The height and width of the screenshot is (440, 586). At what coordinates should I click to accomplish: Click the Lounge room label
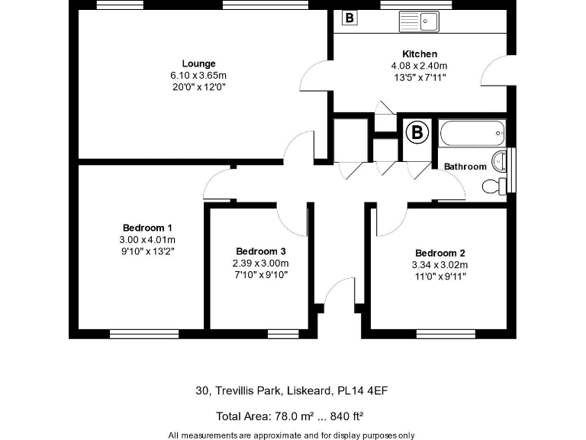coord(198,63)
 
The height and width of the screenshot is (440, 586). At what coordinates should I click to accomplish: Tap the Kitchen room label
coord(420,53)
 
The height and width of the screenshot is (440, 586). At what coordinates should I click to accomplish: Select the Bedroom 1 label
coord(147,228)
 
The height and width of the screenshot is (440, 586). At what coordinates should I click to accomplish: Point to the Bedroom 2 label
coord(440,253)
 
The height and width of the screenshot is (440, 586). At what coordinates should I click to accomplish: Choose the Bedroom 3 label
coord(261,251)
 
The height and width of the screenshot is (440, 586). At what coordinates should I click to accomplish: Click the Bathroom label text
coord(465,167)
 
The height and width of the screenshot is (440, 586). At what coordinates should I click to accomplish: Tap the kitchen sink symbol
coord(417,21)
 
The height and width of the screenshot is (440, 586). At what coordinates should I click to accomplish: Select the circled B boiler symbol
coord(417,134)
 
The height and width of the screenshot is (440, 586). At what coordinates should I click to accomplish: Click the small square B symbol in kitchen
coord(349,17)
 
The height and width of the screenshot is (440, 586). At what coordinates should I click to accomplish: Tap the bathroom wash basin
coord(500,160)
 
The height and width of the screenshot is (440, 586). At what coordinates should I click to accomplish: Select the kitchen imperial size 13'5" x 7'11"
coord(419,76)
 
